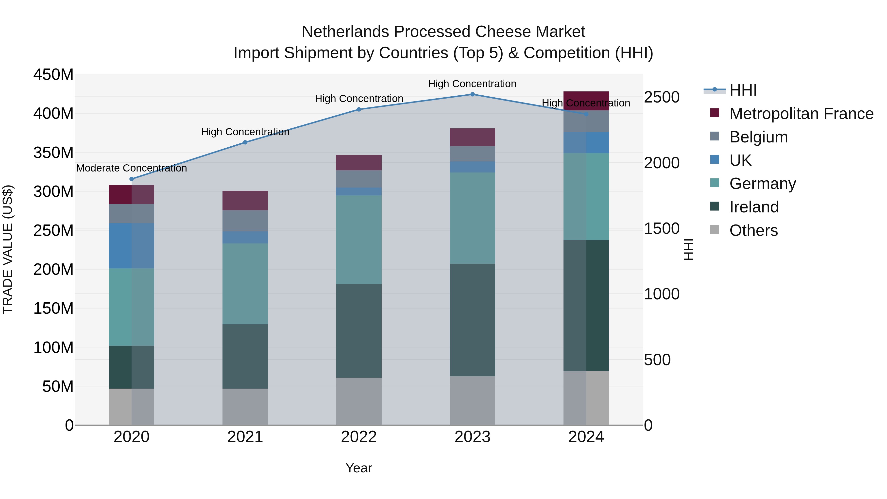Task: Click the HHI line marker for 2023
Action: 472,94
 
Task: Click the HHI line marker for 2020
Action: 132,179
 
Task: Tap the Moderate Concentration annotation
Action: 132,168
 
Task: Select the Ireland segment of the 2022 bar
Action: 359,331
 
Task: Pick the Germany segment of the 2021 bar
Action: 245,284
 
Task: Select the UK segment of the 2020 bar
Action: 132,245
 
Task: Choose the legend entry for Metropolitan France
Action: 801,114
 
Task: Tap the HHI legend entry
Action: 743,90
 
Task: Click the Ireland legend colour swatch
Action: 715,207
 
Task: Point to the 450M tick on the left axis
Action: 53,75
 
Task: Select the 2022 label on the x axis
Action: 359,437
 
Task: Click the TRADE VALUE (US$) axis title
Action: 8,249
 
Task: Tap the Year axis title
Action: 359,468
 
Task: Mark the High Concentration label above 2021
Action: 245,132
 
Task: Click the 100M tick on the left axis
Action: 53,347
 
